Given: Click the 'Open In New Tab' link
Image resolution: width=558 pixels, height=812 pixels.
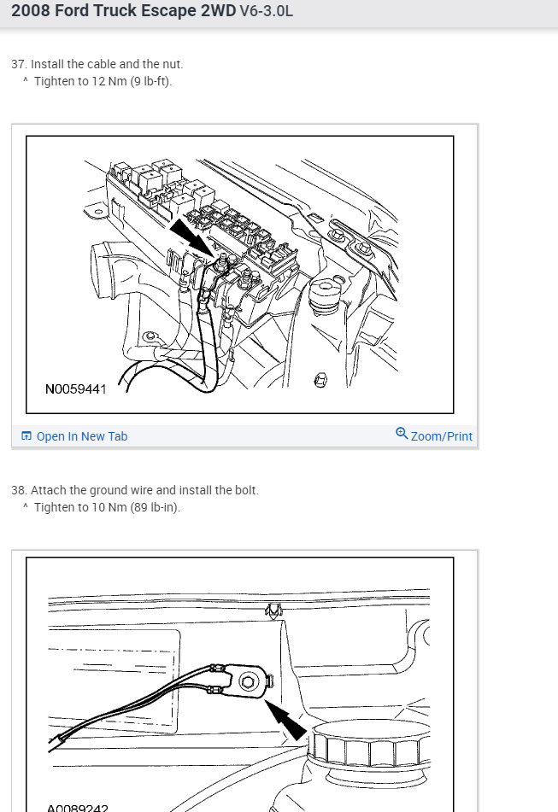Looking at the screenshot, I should pyautogui.click(x=81, y=436).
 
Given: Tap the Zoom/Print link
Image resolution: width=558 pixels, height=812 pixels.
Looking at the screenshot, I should pyautogui.click(x=441, y=436).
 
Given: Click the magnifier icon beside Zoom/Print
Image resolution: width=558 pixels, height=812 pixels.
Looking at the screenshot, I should pyautogui.click(x=402, y=434).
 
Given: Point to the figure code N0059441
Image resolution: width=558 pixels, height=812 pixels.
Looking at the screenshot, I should pyautogui.click(x=76, y=389).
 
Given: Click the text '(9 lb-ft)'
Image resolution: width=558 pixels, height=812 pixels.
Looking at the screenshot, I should pyautogui.click(x=150, y=81).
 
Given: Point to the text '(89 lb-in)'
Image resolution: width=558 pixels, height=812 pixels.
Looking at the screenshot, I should pyautogui.click(x=155, y=507).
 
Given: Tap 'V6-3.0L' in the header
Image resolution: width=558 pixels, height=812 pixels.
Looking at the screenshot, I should pyautogui.click(x=266, y=13).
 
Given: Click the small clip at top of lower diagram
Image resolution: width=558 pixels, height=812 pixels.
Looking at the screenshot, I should pyautogui.click(x=274, y=610).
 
